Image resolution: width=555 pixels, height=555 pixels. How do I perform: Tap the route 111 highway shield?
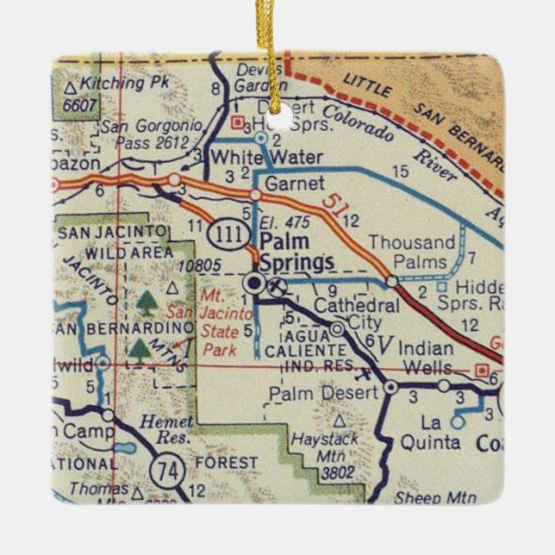[x=228, y=234]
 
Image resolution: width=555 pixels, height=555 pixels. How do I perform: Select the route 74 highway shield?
[x=162, y=471]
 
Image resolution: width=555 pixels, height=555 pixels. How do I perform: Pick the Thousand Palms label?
[x=411, y=253]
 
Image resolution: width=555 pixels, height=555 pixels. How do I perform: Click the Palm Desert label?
[x=323, y=393]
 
